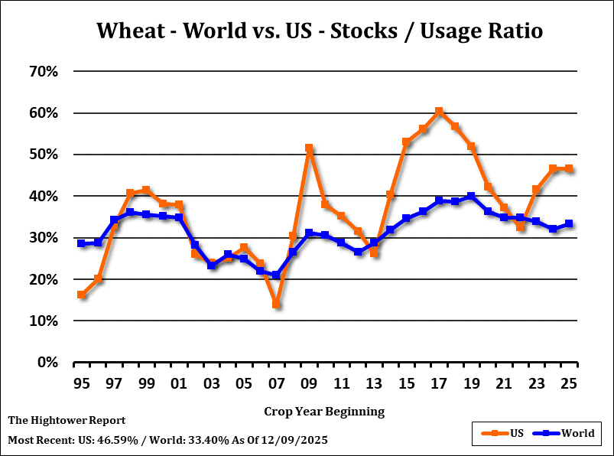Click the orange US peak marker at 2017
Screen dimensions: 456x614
pos(439,112)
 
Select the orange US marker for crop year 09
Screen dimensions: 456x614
pos(309,148)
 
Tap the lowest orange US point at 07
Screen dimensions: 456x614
pos(276,305)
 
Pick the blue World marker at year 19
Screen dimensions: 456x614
pos(471,197)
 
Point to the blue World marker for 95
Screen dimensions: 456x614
pos(81,243)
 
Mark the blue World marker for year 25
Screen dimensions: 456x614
pos(569,224)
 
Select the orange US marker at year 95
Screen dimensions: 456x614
pos(81,295)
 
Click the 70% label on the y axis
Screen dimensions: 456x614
pos(44,72)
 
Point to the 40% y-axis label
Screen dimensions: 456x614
pos(44,197)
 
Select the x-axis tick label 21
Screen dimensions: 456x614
pos(503,383)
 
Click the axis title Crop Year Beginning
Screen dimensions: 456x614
pos(324,412)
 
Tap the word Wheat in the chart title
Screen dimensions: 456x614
pos(127,31)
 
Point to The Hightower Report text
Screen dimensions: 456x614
pos(67,420)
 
